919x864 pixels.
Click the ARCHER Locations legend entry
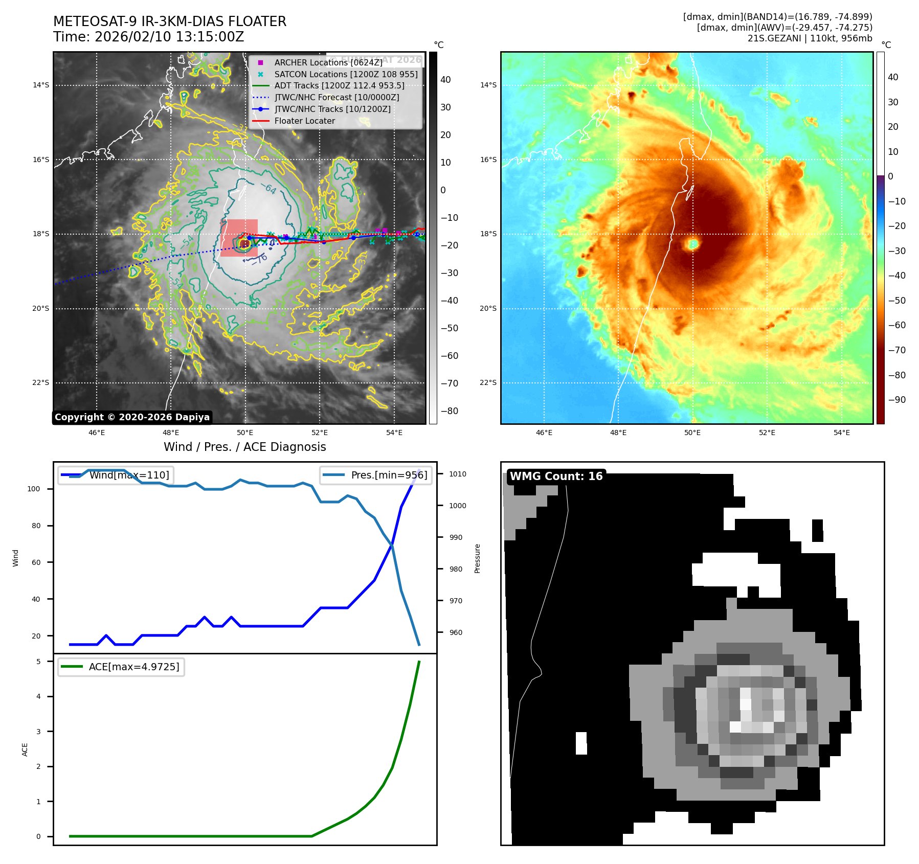coord(328,62)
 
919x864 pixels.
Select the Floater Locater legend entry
coord(304,121)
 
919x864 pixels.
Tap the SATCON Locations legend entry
coord(346,74)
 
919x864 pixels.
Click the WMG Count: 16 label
coord(556,476)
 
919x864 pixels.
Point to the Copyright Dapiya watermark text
coord(132,417)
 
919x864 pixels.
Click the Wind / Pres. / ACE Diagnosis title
coord(244,447)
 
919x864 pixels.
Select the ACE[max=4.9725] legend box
coord(121,667)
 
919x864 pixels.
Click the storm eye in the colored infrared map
coord(693,244)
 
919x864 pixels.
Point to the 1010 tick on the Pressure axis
coord(458,474)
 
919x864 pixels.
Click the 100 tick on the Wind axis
coord(34,489)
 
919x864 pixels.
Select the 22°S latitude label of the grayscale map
coord(41,382)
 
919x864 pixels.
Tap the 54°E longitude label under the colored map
coord(841,433)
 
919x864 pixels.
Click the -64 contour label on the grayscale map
coord(270,189)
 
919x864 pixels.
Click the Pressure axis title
coord(477,558)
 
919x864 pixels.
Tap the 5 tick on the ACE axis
coord(38,662)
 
